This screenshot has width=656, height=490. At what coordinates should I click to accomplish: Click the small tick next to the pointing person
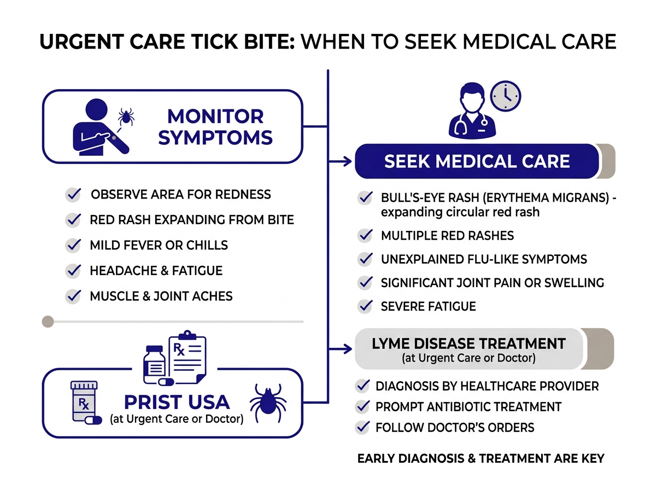click(127, 116)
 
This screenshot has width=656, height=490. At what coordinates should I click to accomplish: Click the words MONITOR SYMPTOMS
click(215, 126)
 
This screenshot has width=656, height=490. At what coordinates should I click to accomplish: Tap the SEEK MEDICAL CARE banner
click(477, 161)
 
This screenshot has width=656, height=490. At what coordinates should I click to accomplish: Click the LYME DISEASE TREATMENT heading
click(468, 344)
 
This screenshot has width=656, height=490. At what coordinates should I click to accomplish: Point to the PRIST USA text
click(176, 402)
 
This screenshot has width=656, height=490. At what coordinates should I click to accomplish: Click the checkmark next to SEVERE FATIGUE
click(365, 306)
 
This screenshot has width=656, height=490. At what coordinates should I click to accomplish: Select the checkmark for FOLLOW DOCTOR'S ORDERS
click(362, 427)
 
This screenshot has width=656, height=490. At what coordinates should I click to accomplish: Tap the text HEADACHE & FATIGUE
click(156, 271)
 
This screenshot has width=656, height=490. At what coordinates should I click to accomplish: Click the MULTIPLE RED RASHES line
click(447, 236)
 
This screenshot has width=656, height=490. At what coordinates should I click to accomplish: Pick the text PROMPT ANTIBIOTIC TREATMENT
click(468, 407)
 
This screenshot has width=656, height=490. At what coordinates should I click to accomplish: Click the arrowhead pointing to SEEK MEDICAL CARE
click(347, 162)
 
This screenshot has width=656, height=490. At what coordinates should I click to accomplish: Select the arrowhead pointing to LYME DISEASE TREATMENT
click(347, 348)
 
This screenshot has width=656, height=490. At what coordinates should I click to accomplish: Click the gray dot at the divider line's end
click(48, 322)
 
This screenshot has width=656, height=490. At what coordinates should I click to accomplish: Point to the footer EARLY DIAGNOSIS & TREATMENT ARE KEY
click(481, 458)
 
